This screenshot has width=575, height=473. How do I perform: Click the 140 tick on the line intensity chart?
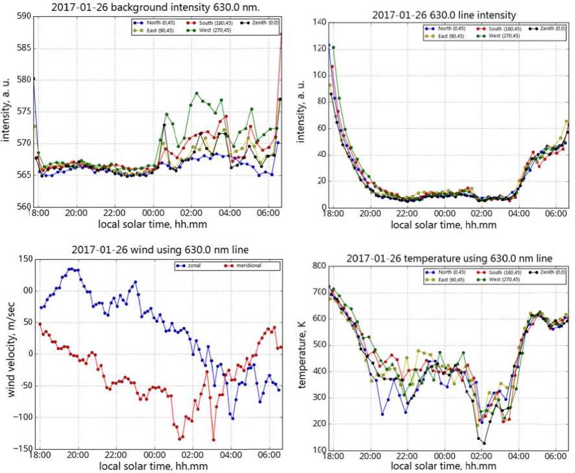[x=317, y=22]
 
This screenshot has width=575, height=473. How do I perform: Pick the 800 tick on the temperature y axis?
[x=317, y=265]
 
